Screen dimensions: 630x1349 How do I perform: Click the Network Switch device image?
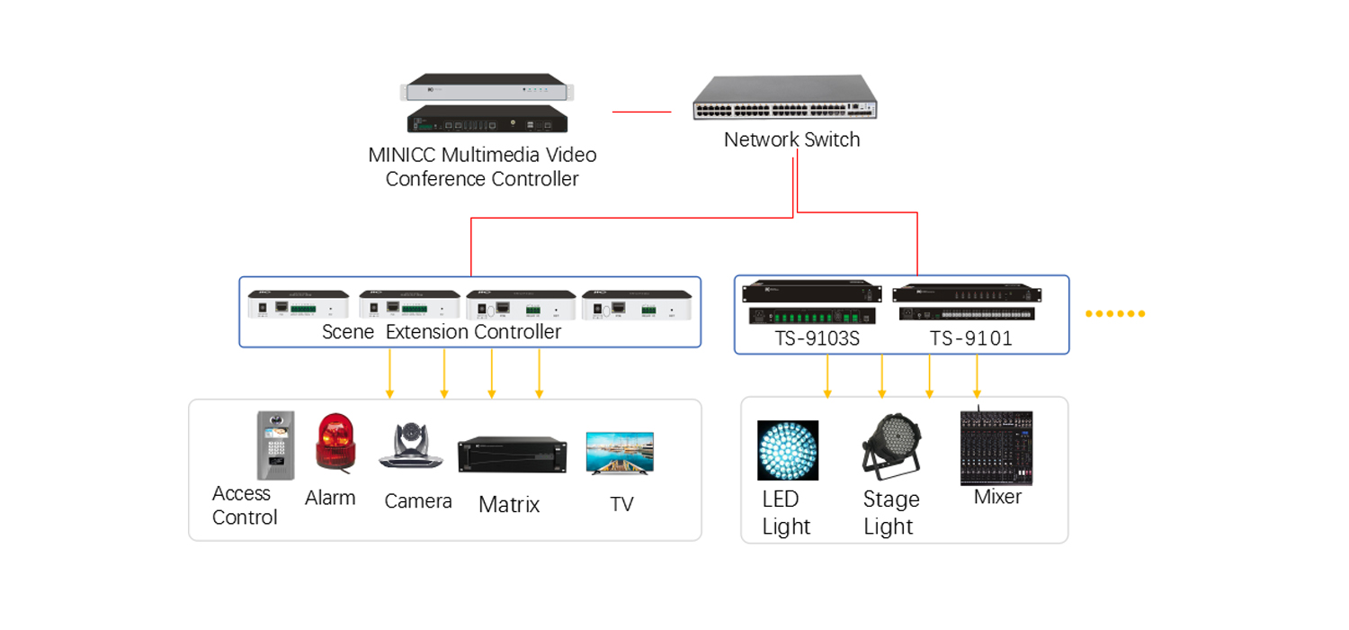coord(787,100)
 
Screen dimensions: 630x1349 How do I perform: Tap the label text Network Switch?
coord(791,139)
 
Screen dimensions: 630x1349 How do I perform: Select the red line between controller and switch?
coord(641,112)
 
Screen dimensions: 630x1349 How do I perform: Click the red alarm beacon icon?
coord(335,443)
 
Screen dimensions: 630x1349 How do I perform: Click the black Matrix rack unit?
coord(513,454)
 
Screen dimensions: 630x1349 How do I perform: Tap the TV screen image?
coord(620,453)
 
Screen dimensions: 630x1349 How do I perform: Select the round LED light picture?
coord(788,450)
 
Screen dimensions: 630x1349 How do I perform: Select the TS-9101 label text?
coord(970,338)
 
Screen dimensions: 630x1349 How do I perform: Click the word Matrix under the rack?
coord(509,505)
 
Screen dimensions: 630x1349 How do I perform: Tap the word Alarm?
coord(330,498)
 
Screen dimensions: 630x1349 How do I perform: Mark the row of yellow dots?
coord(1115,314)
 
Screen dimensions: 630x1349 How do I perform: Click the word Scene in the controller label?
coord(348,332)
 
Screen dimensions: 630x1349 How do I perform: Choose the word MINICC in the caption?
coord(402,155)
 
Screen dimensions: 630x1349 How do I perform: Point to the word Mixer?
coord(997,497)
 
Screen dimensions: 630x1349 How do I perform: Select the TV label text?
coord(621,504)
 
